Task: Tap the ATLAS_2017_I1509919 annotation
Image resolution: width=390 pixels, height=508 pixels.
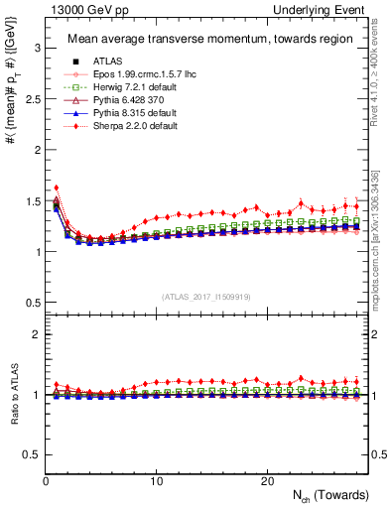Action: (206, 295)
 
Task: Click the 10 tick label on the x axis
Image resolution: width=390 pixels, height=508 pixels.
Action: (157, 480)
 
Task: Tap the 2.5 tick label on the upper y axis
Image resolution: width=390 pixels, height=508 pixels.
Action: (31, 98)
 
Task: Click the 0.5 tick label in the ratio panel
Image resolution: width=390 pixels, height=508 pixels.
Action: (31, 454)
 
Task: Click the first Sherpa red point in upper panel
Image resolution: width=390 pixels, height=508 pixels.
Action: (57, 187)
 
